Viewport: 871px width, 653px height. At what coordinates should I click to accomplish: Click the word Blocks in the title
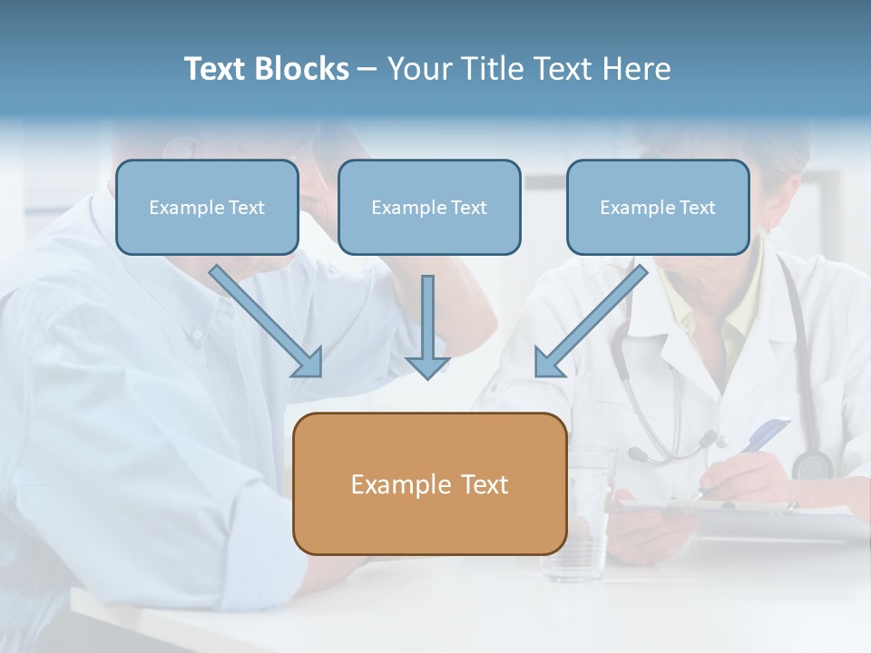[302, 69]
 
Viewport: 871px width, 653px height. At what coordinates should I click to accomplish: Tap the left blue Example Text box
[207, 208]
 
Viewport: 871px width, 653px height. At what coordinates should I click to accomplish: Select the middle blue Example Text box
[429, 208]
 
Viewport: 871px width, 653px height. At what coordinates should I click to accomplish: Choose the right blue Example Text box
[658, 208]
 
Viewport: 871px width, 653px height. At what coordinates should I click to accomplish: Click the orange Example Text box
[430, 484]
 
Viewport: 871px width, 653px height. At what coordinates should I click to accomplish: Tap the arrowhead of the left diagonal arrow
[308, 363]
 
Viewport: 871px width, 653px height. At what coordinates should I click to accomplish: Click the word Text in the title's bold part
[216, 69]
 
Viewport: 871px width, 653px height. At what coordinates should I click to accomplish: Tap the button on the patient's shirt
[197, 335]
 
